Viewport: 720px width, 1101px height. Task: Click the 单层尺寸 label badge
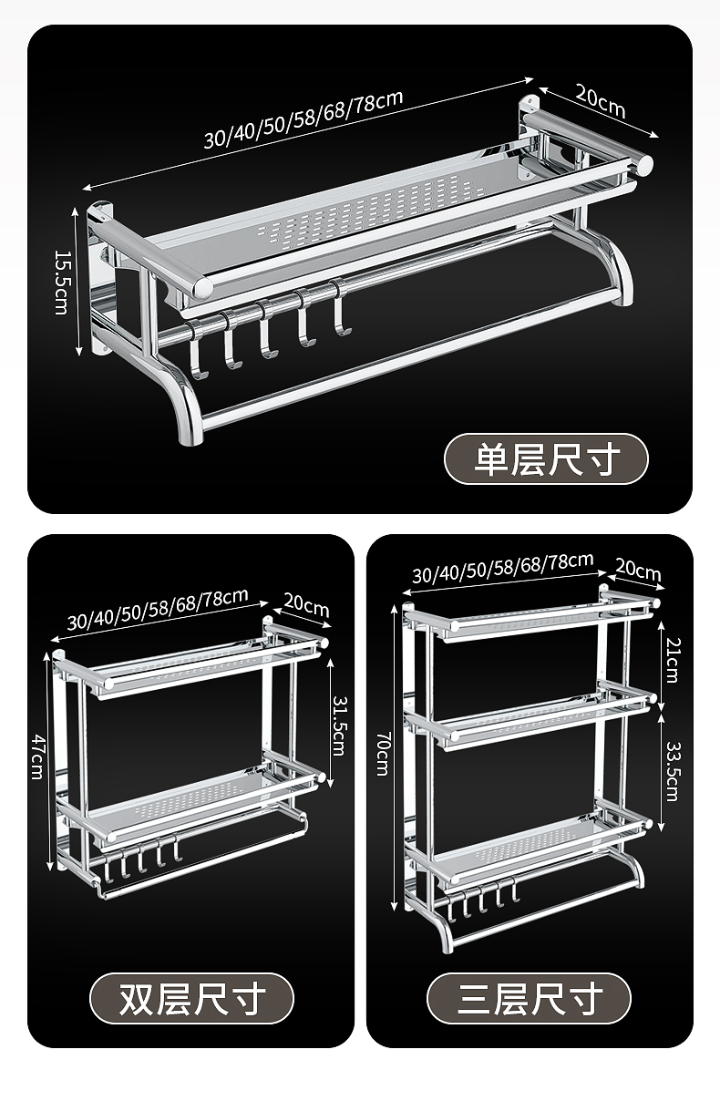coord(546,458)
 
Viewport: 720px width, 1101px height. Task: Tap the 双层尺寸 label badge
coord(191,998)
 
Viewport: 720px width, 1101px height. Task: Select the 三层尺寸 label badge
coord(529,998)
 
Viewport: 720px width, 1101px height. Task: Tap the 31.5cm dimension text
coord(337,726)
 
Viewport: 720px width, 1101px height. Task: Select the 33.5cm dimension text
coord(672,770)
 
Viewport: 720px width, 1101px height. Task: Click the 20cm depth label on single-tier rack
coord(599,100)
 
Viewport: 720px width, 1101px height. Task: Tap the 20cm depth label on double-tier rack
coord(305,604)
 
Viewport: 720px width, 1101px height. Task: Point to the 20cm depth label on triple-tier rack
coord(638,571)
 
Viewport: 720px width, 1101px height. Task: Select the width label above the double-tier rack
coord(158,610)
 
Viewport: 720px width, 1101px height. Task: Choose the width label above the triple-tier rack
coord(502,567)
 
